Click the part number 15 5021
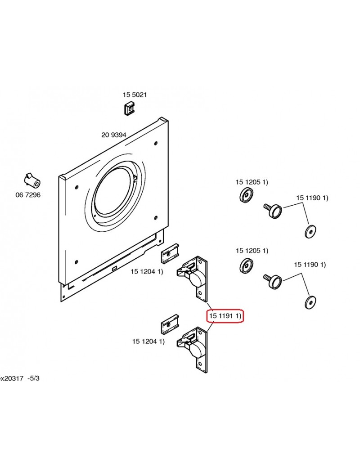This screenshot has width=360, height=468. coord(135,94)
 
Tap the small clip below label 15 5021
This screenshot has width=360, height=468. coord(129,108)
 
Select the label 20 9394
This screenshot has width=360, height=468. coord(114,135)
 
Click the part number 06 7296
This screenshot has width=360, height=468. coord(28,195)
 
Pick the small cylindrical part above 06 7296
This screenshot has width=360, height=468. coord(31,180)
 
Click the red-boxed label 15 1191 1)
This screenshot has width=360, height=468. coord(225,316)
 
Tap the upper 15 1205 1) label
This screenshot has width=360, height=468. coord(252,182)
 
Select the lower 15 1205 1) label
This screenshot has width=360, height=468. coord(252,251)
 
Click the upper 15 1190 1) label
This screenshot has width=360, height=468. coord(312,198)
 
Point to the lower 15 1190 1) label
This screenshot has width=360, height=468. coord(310,265)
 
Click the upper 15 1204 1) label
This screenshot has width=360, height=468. coord(147,272)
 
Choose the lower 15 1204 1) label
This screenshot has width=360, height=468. coord(148,341)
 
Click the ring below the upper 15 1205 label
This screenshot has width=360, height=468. coord(246,195)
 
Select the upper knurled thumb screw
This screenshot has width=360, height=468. coord(273,211)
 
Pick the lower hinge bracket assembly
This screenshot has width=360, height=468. coord(193,349)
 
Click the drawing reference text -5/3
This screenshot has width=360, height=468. coord(33,378)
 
